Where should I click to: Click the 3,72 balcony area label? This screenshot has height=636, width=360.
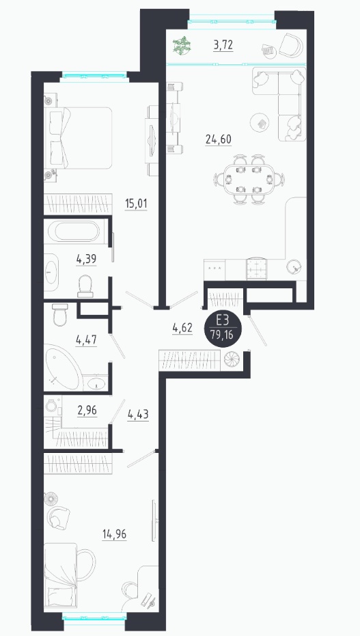(223, 45)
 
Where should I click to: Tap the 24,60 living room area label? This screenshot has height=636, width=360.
(218, 139)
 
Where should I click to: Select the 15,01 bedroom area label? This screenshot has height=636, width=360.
(136, 204)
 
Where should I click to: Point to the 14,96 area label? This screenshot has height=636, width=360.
(114, 534)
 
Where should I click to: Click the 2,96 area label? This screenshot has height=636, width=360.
(87, 411)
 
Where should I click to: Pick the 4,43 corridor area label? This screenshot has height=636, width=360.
(138, 415)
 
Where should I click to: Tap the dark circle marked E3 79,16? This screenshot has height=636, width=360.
(223, 329)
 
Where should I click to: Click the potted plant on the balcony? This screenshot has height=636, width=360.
(181, 45)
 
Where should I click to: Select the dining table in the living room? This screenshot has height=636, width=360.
(249, 179)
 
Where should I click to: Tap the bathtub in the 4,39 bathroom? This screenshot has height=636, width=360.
(74, 232)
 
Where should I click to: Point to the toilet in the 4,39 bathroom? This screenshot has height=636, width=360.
(85, 285)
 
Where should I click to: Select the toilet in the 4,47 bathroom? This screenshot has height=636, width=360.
(59, 315)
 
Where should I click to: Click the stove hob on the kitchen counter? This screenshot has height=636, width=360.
(256, 268)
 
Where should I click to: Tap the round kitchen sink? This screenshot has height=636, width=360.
(294, 266)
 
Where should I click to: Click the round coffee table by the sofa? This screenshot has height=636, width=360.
(260, 122)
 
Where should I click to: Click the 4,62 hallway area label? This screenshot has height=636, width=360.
(182, 328)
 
